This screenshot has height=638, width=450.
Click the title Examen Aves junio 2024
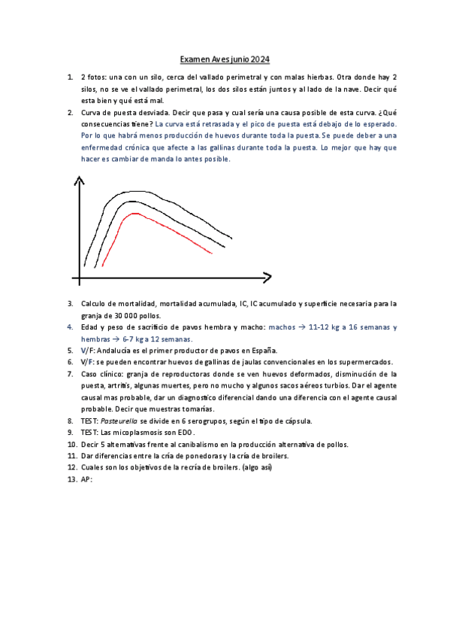(225, 59)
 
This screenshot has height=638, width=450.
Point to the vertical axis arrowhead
(77, 181)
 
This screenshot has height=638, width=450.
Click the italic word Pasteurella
(119, 421)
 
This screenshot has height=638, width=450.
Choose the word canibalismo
(191, 444)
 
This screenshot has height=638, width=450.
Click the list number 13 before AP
(71, 479)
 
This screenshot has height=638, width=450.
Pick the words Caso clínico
(101, 374)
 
